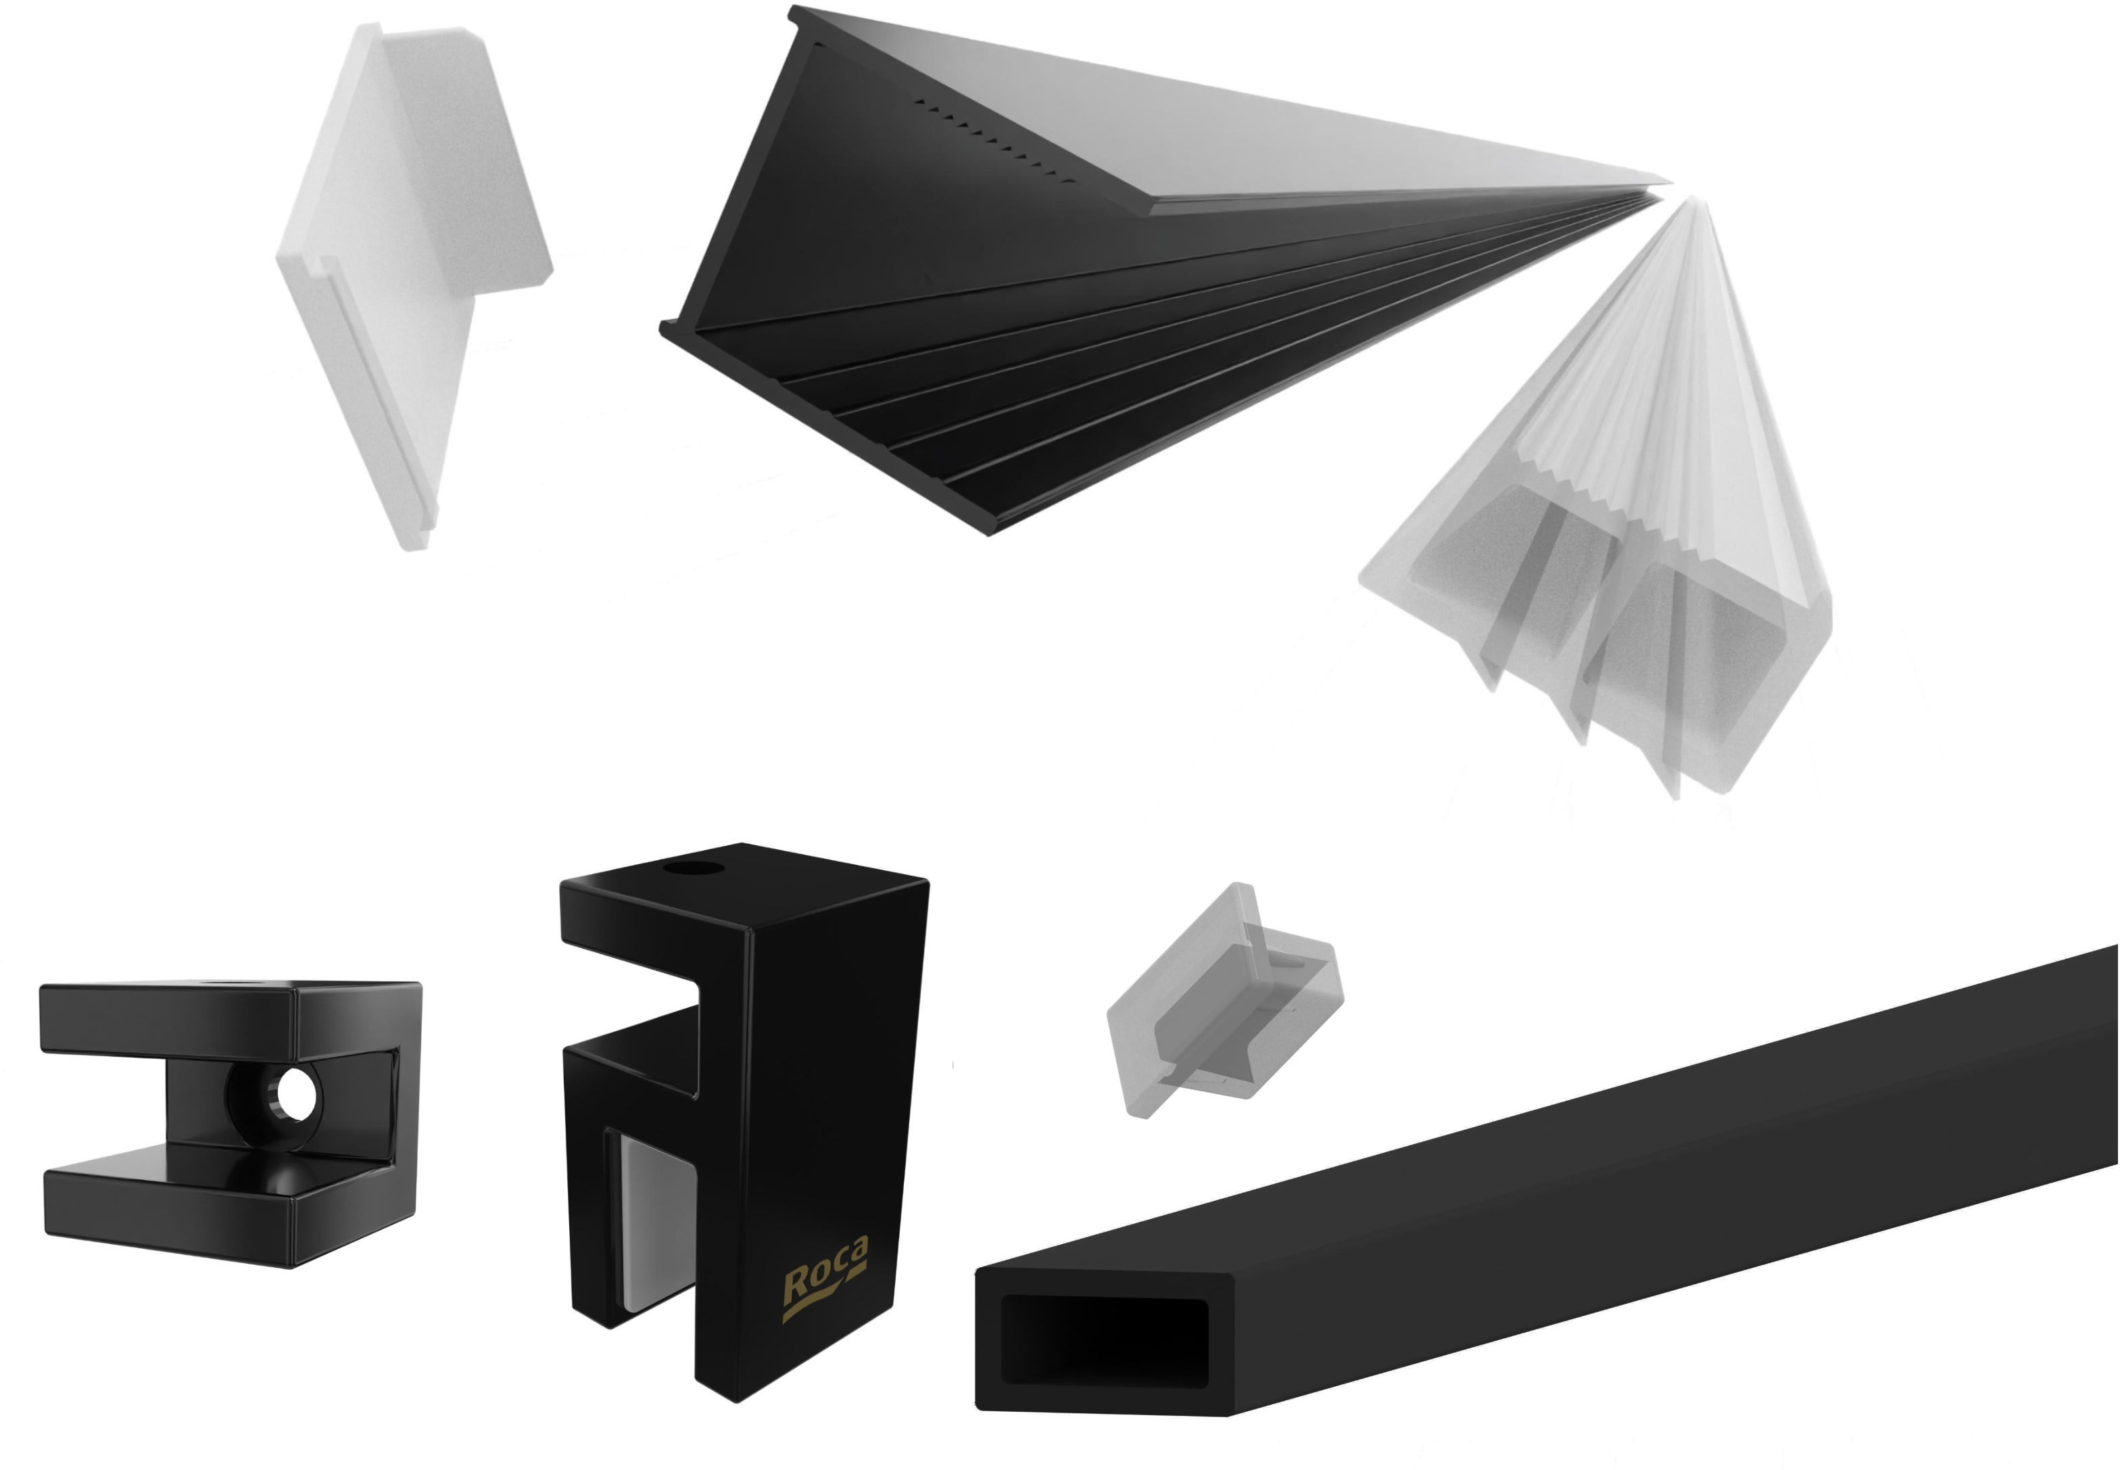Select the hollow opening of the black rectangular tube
coord(1103,1340)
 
